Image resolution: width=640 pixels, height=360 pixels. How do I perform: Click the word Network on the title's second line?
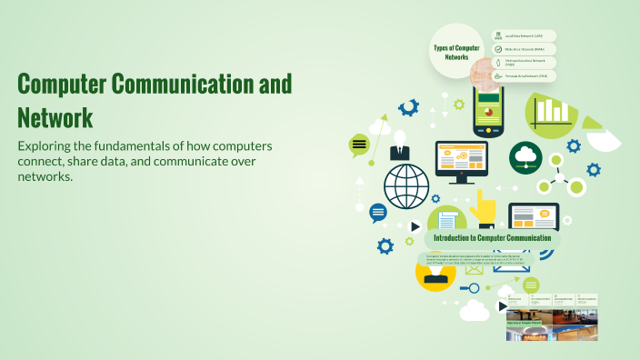(55, 117)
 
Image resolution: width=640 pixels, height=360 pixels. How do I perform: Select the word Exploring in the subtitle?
(48, 146)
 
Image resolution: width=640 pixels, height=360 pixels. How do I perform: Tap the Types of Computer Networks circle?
(455, 52)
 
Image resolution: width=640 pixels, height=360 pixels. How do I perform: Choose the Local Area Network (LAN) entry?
(525, 35)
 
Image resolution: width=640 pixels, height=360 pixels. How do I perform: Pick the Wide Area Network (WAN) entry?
(525, 49)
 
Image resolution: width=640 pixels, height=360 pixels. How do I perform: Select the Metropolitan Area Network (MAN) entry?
(525, 63)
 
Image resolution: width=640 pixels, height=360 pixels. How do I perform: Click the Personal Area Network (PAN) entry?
(525, 76)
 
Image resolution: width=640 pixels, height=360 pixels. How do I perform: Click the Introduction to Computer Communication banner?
(492, 238)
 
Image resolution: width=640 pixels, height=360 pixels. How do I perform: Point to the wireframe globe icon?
(405, 186)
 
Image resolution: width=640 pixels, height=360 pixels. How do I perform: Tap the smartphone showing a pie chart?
(487, 114)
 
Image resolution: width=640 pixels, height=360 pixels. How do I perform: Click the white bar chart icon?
(552, 110)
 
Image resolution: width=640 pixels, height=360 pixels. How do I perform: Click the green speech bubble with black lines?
(359, 144)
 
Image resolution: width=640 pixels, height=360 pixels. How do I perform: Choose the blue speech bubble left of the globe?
(377, 212)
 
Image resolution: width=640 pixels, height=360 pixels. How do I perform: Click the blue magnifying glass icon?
(471, 288)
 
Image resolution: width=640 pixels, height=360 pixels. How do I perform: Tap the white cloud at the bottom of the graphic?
(475, 311)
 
